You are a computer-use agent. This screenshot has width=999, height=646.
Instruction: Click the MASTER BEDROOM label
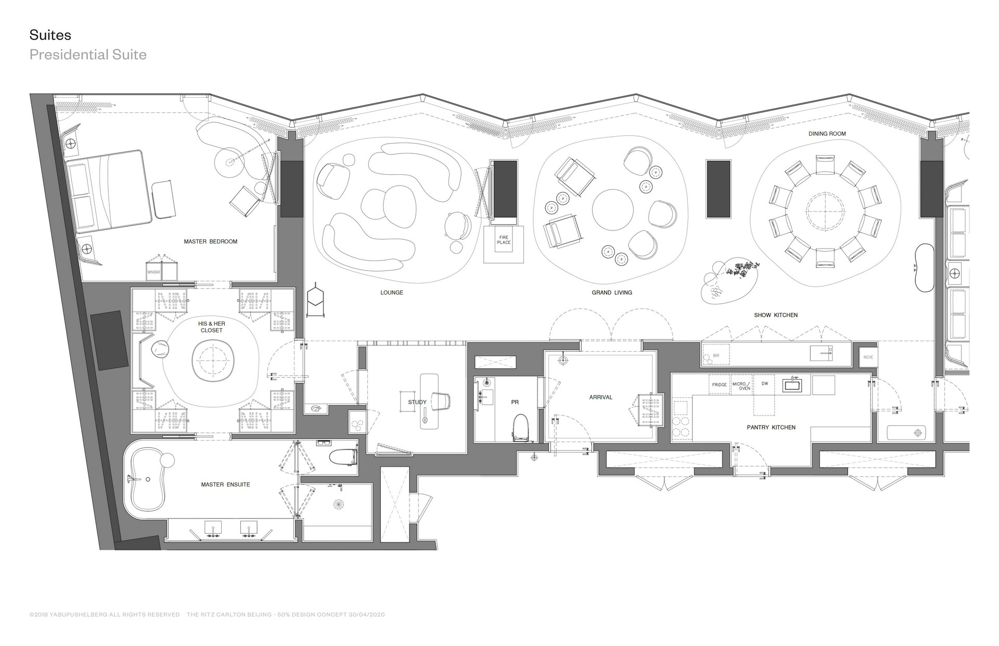click(x=210, y=241)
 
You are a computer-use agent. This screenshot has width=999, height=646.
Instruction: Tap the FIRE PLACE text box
click(x=504, y=240)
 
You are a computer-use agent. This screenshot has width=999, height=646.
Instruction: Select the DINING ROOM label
click(x=827, y=134)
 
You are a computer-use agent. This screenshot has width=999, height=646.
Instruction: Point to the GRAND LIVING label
click(x=611, y=292)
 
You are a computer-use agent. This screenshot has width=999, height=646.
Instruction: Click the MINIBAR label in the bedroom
click(x=153, y=272)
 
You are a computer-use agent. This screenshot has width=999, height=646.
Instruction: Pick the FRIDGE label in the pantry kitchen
click(x=719, y=385)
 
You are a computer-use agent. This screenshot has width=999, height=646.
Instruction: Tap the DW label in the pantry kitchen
click(x=764, y=384)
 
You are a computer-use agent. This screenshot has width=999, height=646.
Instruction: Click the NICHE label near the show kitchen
click(x=868, y=357)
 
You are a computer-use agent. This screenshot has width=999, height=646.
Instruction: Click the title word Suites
click(x=50, y=35)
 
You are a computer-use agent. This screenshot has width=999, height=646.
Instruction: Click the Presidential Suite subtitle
click(x=88, y=55)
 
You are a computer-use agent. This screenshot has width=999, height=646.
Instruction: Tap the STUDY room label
click(x=417, y=402)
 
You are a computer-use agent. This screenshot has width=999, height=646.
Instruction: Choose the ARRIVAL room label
click(x=600, y=397)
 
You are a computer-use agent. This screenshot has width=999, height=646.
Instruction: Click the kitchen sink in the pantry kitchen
click(x=792, y=385)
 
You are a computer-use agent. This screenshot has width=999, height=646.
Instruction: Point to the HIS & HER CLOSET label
click(x=211, y=327)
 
